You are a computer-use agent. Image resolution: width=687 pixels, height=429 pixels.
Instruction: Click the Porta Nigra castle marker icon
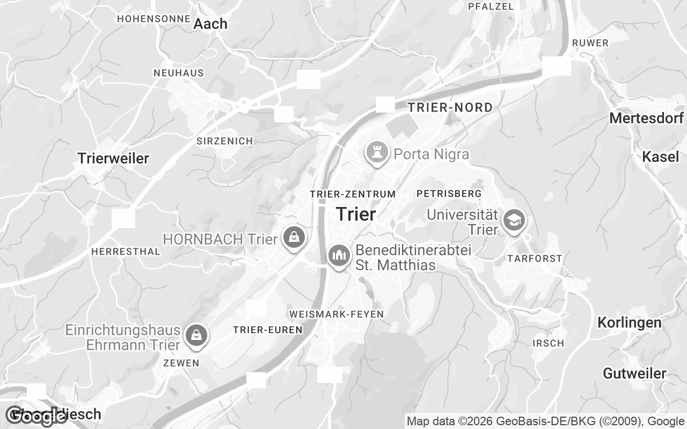pyautogui.click(x=377, y=153)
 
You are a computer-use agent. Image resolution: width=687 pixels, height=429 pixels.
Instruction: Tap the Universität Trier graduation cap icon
pyautogui.click(x=514, y=220)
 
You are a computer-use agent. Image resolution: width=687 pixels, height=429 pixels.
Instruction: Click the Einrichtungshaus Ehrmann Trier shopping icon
pyautogui.click(x=196, y=335)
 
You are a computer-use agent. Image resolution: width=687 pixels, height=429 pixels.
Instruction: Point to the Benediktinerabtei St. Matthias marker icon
pyautogui.click(x=339, y=256)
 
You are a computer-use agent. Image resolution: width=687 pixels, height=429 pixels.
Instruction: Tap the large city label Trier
pyautogui.click(x=355, y=214)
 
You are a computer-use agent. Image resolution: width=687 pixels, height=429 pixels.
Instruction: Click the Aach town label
pyautogui.click(x=210, y=24)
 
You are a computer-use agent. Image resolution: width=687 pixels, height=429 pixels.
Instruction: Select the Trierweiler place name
pyautogui.click(x=113, y=158)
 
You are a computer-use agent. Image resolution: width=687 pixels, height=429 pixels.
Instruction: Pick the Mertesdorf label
pyautogui.click(x=646, y=119)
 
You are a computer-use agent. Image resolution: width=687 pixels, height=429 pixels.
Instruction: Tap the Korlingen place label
pyautogui.click(x=630, y=323)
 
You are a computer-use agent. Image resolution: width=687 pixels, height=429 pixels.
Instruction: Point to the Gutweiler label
pyautogui.click(x=634, y=373)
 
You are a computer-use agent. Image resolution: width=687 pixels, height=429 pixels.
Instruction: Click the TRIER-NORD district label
pyautogui.click(x=450, y=107)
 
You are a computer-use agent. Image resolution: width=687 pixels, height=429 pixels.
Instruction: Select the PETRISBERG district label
pyautogui.click(x=449, y=193)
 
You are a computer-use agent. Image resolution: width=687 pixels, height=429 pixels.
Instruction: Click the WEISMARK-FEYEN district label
pyautogui.click(x=336, y=314)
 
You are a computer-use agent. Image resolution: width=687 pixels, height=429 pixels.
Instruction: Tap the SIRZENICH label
pyautogui.click(x=224, y=141)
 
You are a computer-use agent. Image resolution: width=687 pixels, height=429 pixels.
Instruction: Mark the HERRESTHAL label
pyautogui.click(x=126, y=252)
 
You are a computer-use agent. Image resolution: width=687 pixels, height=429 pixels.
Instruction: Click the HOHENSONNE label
pyautogui.click(x=154, y=18)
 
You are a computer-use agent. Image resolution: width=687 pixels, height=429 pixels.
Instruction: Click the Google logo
pyautogui.click(x=36, y=416)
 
